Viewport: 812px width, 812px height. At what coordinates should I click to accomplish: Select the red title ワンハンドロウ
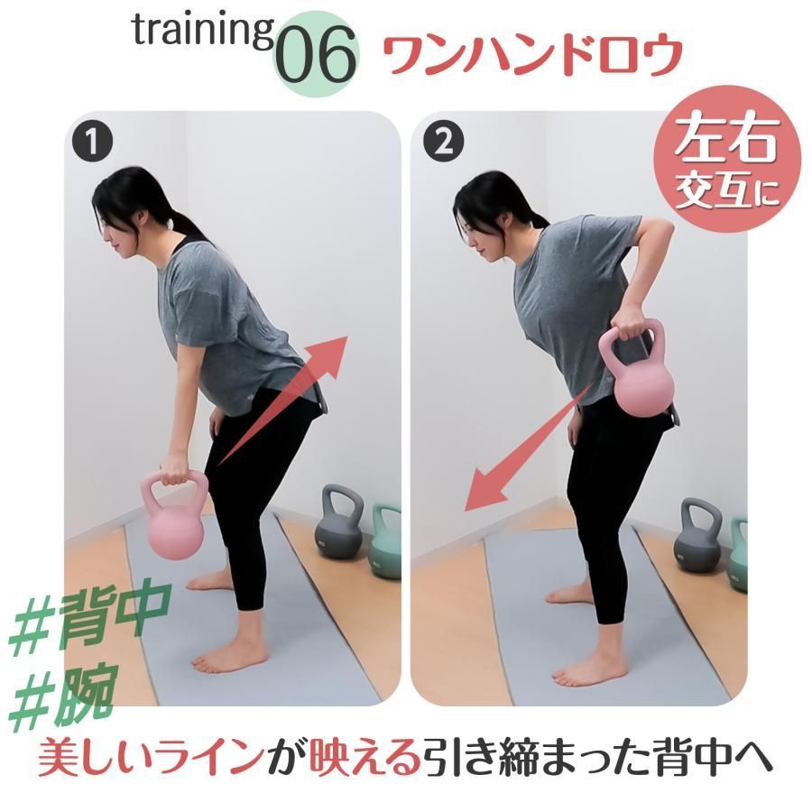tap(531, 55)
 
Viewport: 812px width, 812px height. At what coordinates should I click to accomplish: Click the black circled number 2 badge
tap(443, 141)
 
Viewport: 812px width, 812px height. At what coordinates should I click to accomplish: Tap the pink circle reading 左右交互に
tap(726, 159)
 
